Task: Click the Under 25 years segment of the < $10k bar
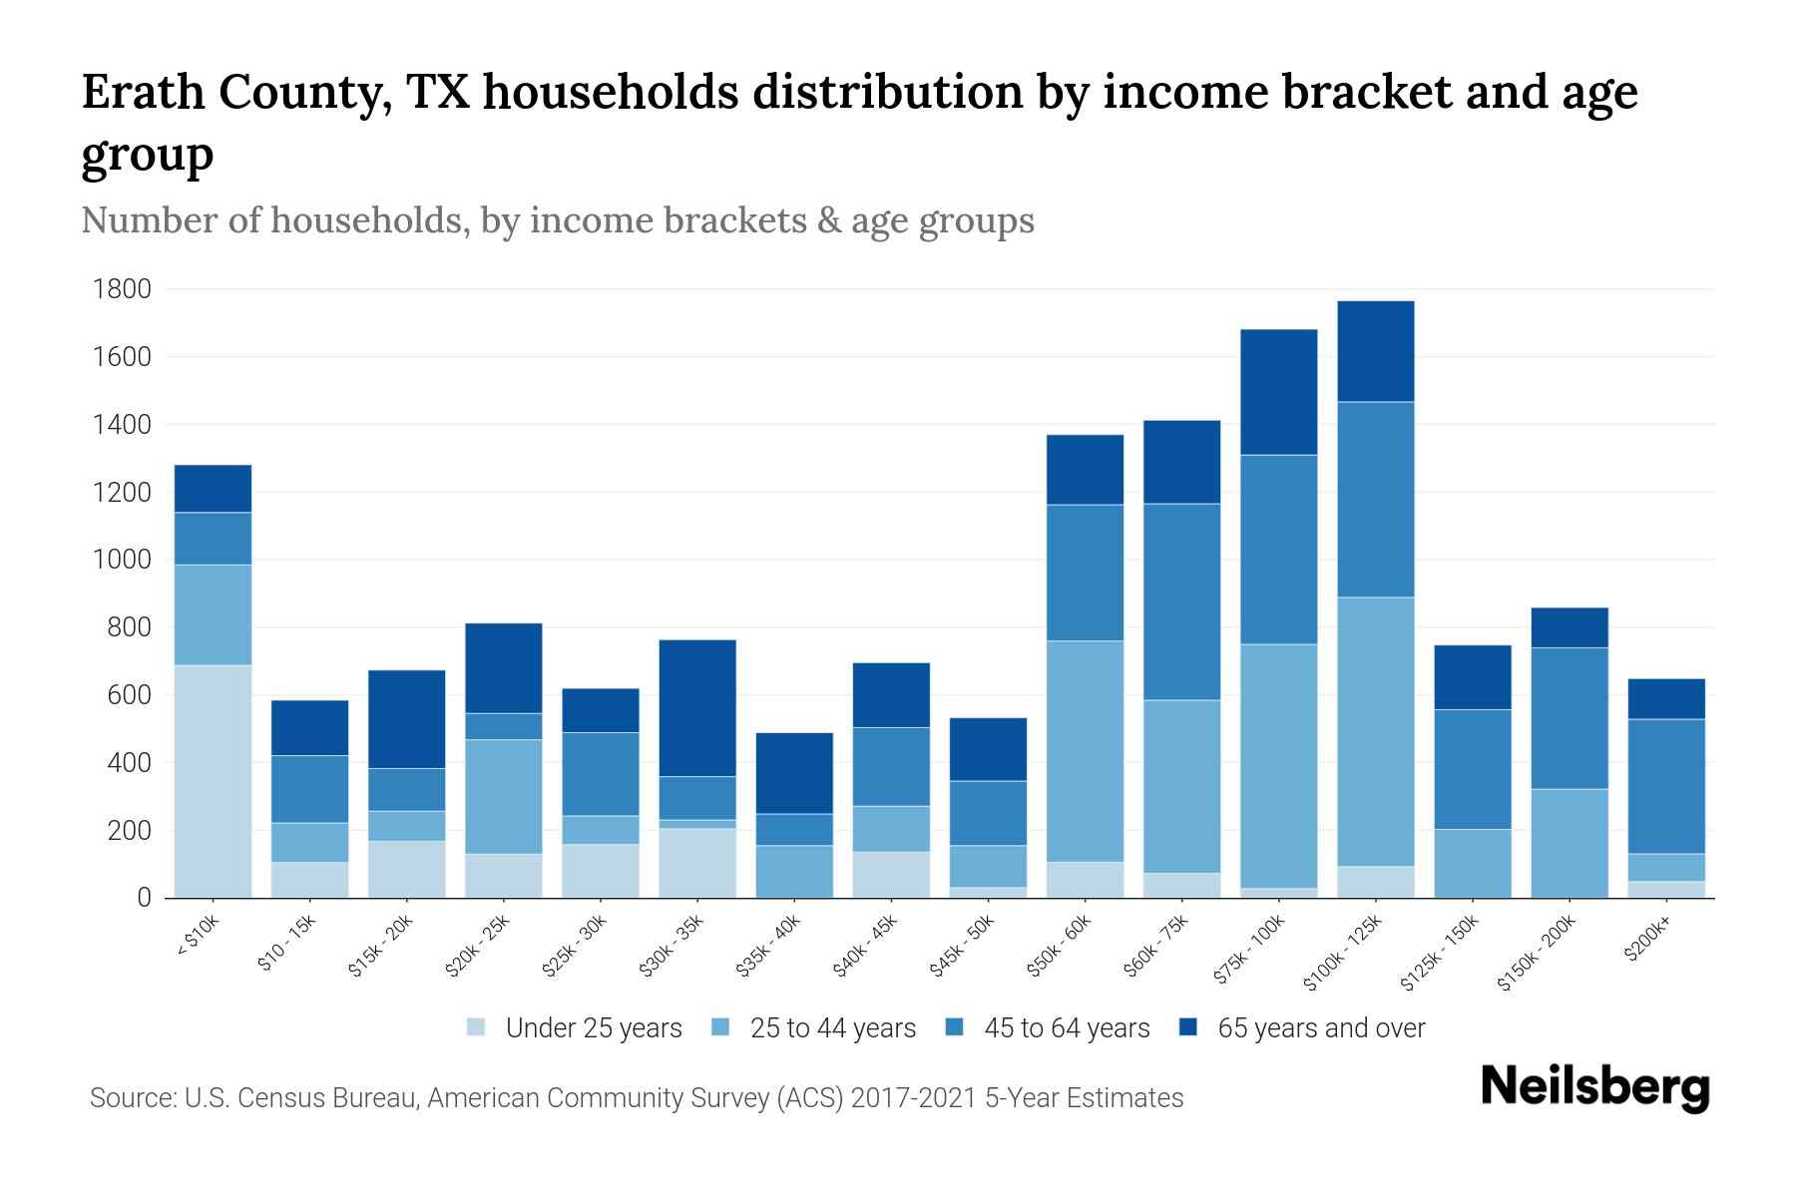213,781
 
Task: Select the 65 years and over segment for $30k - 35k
697,707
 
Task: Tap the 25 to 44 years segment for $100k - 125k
1376,731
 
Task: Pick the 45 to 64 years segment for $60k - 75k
1181,601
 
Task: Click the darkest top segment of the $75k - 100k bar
1278,392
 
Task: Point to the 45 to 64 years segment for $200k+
1666,786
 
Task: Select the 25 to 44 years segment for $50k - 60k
1085,750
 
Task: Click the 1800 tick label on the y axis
122,289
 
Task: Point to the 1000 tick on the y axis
122,560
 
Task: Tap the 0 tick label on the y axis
144,898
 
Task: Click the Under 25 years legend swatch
477,1027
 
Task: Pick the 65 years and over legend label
1321,1027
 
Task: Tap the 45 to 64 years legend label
1067,1027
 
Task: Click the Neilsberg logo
1595,1087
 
